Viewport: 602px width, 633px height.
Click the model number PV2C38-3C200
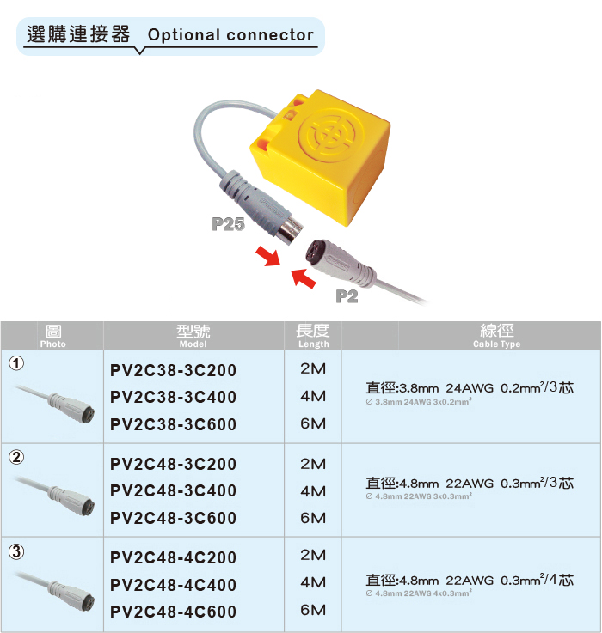(173, 370)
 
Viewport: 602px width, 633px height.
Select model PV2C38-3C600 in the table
(173, 424)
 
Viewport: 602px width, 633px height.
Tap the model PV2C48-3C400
(173, 491)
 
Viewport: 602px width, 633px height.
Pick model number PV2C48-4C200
(173, 558)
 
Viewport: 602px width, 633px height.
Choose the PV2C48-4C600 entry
(173, 612)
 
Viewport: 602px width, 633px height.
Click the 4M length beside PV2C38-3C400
(313, 397)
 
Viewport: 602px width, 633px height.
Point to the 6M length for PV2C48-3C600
(313, 518)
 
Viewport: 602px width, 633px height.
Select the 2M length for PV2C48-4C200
(313, 555)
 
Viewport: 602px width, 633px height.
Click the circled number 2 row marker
(16, 458)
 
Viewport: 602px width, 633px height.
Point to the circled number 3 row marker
(16, 551)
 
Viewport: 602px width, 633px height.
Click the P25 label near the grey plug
(228, 224)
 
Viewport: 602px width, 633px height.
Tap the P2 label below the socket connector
(347, 296)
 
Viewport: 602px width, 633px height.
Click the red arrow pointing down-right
(268, 257)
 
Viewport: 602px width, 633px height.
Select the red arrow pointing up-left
(304, 277)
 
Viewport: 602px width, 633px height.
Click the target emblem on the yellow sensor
(331, 135)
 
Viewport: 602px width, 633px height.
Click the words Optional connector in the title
(230, 35)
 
